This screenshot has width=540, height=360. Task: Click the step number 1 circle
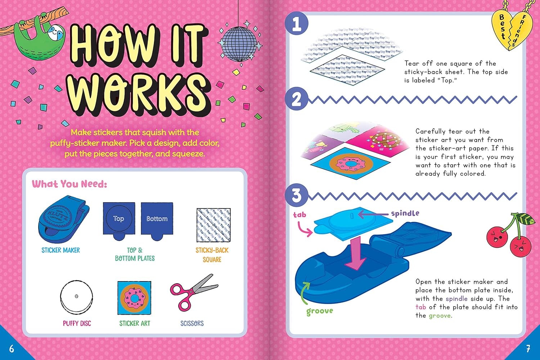pos(296,24)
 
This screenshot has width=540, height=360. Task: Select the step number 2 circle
pos(296,99)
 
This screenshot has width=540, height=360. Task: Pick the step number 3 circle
pos(296,195)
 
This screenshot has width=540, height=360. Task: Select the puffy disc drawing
pos(76,297)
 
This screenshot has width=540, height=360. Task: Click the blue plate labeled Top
pos(119,220)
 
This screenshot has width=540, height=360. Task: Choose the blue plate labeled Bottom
pos(157,220)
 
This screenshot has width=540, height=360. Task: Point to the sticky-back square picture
pos(213,225)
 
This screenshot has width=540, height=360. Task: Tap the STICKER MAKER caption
pos(60,250)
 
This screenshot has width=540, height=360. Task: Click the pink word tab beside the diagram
pos(300,215)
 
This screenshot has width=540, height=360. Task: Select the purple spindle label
pos(405,213)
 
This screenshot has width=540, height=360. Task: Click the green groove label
pos(320,311)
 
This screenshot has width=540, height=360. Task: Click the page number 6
pos(12,348)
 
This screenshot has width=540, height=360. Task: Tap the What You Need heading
pos(69,184)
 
